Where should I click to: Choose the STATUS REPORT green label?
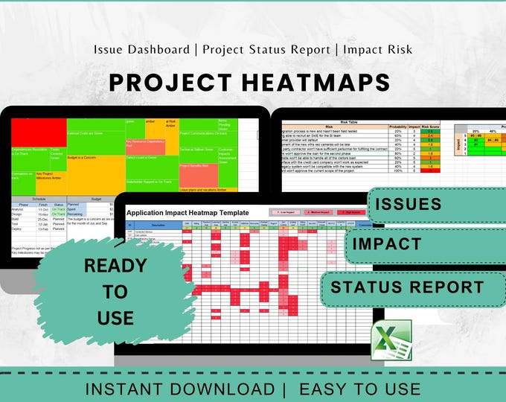[407, 287]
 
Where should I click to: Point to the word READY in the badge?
[115, 265]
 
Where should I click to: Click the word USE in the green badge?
[115, 319]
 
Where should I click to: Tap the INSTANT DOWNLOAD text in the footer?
[179, 389]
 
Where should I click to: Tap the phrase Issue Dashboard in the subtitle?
[141, 50]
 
